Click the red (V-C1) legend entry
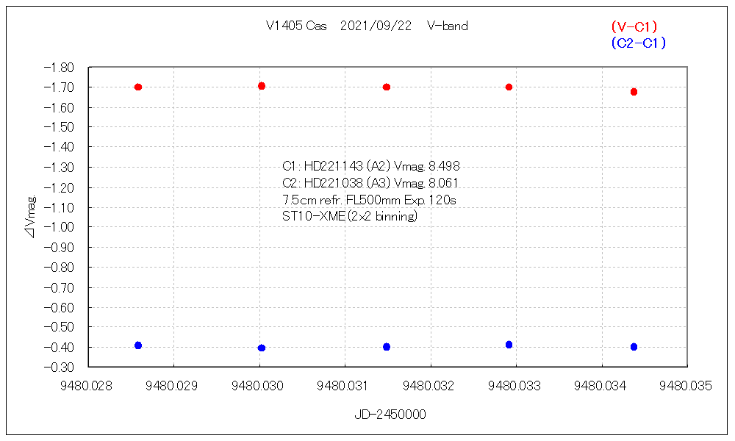click(x=634, y=27)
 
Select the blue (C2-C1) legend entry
click(x=637, y=43)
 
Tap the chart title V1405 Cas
click(x=295, y=26)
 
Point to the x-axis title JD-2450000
click(x=390, y=415)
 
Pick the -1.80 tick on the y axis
click(x=60, y=68)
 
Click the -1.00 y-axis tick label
click(x=60, y=227)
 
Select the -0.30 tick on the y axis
click(x=60, y=367)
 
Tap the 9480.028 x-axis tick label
click(x=88, y=384)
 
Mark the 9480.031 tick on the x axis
click(x=345, y=384)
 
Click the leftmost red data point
click(x=138, y=87)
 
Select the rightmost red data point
click(x=634, y=92)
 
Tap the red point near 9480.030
click(x=262, y=86)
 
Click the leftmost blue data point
click(x=138, y=345)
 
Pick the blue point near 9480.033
click(x=509, y=345)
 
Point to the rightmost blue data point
click(x=634, y=347)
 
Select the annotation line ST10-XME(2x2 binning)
click(x=350, y=216)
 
